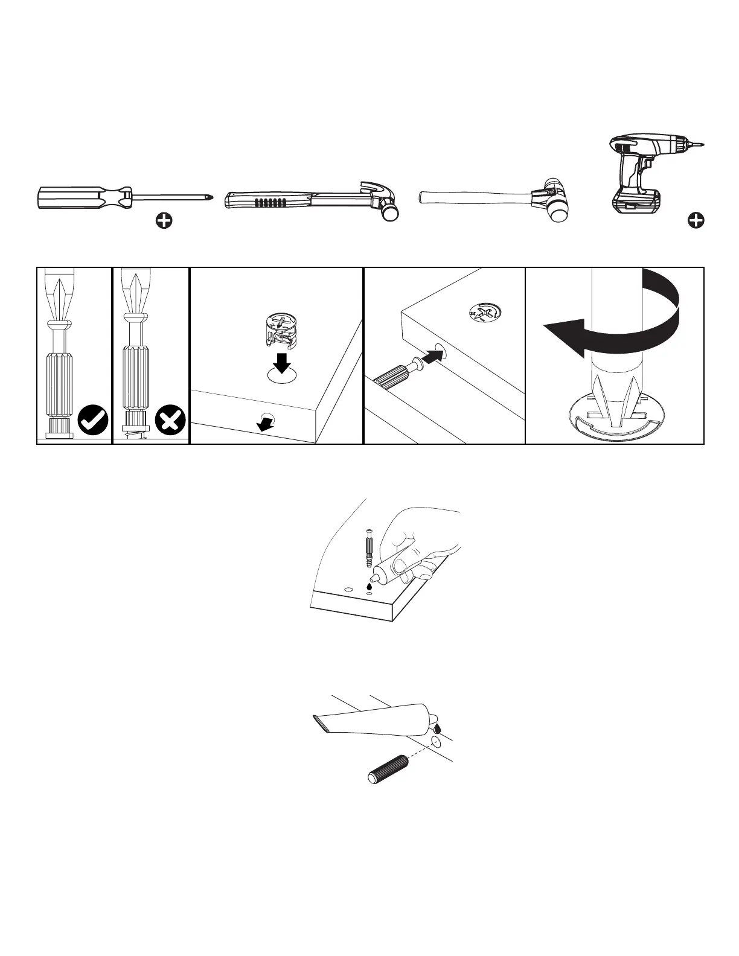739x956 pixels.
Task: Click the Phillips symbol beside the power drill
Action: coord(696,221)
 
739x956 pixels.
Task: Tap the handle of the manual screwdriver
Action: coord(78,197)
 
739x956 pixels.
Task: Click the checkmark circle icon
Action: coord(93,420)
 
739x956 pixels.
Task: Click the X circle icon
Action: coord(171,420)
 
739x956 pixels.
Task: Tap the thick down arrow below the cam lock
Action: coord(281,364)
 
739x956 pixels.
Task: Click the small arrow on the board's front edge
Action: coord(264,424)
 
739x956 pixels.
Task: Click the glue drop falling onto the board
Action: coord(369,586)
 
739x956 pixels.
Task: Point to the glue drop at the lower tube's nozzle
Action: coord(437,728)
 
